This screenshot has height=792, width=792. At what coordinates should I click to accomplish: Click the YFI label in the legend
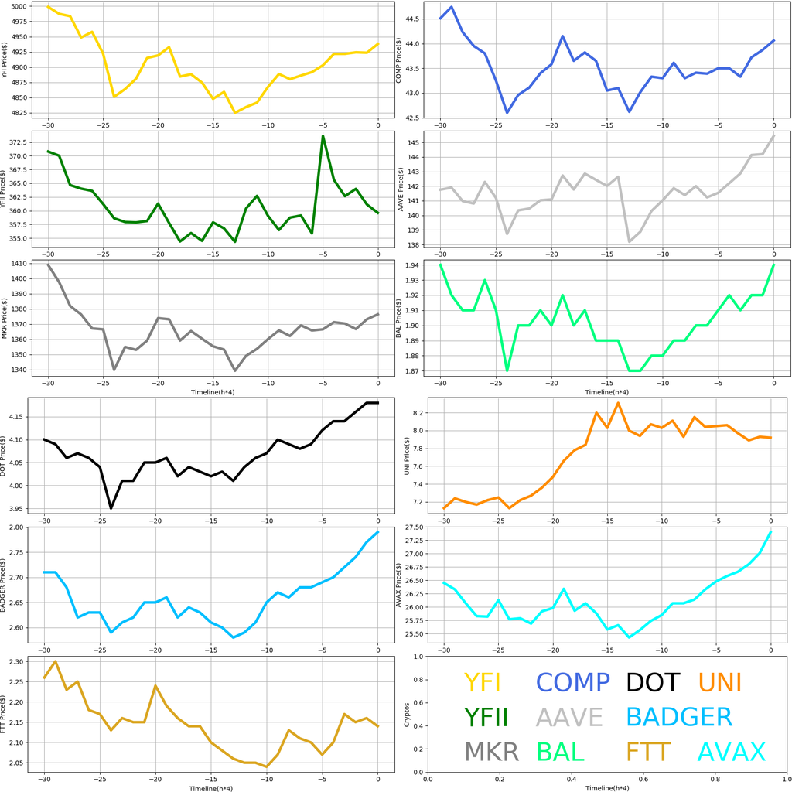point(482,682)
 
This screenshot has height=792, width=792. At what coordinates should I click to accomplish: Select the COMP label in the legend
point(573,682)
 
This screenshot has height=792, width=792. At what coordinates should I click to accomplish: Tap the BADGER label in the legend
point(678,717)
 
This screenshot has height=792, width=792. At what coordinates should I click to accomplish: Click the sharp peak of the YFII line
point(323,136)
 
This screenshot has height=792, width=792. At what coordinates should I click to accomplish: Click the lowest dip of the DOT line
point(111,508)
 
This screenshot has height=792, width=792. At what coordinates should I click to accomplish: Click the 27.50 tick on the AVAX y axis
point(413,527)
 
